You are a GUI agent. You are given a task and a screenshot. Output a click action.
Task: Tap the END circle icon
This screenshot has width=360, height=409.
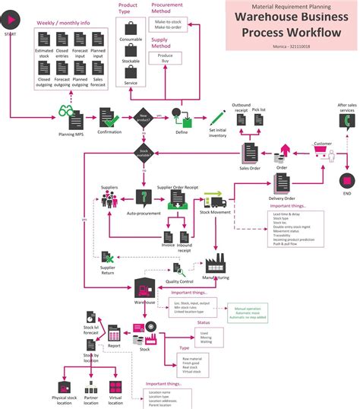tap(346, 180)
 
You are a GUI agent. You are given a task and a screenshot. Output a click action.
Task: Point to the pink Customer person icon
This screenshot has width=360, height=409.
tap(332, 154)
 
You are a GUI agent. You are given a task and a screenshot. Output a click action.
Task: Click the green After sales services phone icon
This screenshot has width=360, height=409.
tap(346, 121)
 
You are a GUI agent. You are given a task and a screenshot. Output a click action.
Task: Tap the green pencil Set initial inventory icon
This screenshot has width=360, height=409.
tap(219, 118)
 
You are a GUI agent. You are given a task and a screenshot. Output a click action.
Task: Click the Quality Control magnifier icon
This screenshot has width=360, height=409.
tap(178, 268)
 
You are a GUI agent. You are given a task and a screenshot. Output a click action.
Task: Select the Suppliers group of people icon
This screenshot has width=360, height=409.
tap(109, 199)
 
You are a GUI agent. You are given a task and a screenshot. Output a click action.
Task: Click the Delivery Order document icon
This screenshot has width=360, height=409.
tap(282, 182)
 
